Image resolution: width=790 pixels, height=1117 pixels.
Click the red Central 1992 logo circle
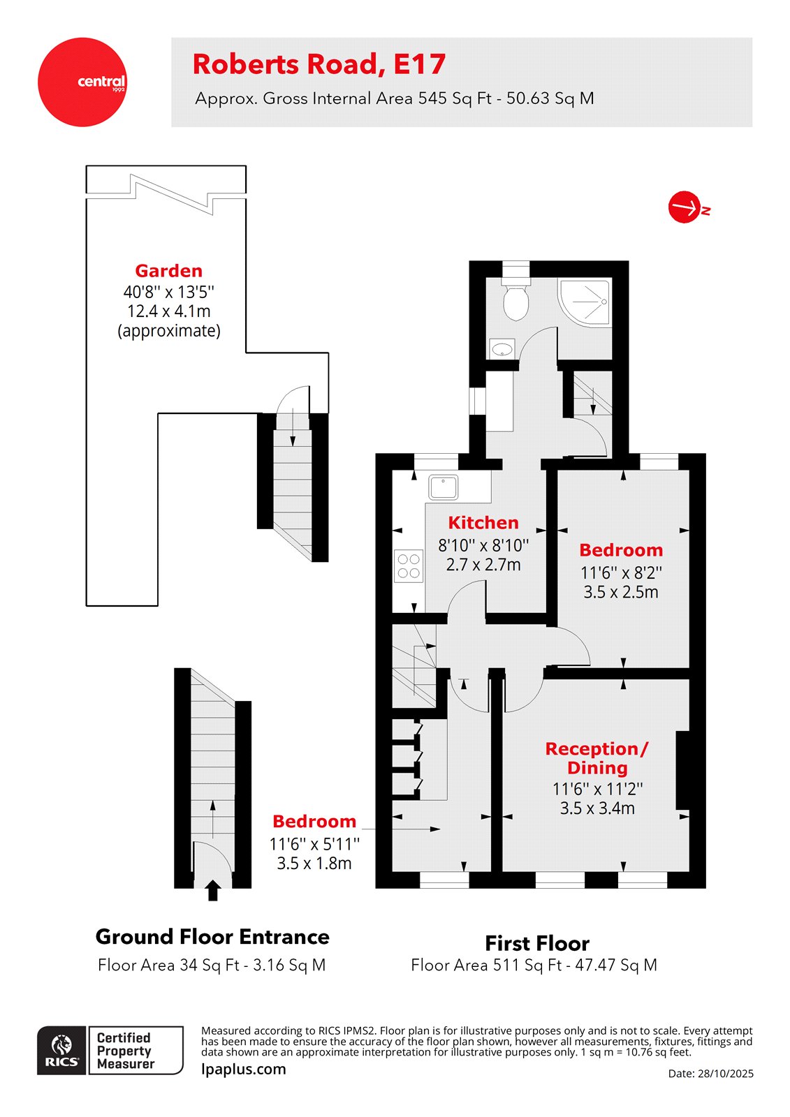tap(82, 82)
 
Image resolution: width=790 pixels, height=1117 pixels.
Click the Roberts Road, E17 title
tap(319, 64)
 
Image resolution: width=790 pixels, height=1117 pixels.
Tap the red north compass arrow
tap(685, 207)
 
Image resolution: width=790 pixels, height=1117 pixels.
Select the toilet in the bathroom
tap(515, 300)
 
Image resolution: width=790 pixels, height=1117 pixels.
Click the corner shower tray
tap(585, 302)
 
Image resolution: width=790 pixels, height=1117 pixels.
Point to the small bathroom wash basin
tap(502, 348)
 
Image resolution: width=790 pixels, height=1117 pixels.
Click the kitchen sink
tap(443, 487)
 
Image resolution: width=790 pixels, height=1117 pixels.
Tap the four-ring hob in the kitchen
tap(409, 566)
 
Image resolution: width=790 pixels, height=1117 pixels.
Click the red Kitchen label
tap(483, 523)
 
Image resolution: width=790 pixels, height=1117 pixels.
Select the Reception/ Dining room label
tap(597, 758)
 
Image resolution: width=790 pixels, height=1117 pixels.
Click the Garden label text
tap(169, 271)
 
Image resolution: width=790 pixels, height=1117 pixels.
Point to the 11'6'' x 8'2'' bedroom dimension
tap(621, 572)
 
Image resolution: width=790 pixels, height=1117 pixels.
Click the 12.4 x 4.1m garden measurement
tap(169, 311)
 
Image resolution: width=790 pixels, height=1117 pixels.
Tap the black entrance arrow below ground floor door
tap(213, 890)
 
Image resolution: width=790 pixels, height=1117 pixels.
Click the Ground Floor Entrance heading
tap(212, 937)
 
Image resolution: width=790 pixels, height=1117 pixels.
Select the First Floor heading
tap(536, 944)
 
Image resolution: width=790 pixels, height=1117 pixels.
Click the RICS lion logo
tap(62, 1049)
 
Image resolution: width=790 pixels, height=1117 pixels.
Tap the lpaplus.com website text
tap(244, 1070)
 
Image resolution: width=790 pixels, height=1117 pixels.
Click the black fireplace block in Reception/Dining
tap(682, 769)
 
